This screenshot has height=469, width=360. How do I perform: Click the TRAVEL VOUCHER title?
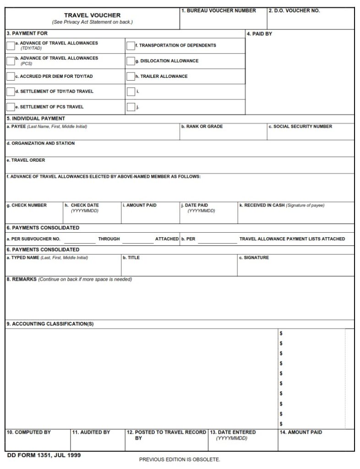[x=92, y=15]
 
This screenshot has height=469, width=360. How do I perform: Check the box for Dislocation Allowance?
[x=131, y=61]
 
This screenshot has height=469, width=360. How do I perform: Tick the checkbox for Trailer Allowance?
[x=131, y=76]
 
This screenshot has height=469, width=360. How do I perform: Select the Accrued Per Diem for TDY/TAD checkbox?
[x=10, y=76]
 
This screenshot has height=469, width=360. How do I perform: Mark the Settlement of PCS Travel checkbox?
[x=10, y=107]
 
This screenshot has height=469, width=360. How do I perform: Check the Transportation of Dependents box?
[x=131, y=45]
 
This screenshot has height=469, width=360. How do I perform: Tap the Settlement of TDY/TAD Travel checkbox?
[x=10, y=92]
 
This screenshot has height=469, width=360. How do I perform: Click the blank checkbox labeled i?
[x=131, y=92]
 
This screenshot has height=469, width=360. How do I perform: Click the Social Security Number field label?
[x=300, y=126]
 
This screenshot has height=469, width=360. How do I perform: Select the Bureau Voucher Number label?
[x=218, y=11]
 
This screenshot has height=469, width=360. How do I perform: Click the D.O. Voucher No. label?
[x=294, y=11]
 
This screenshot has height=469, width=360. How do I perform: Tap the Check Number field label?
[x=27, y=205]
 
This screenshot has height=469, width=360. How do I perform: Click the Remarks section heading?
[x=21, y=279]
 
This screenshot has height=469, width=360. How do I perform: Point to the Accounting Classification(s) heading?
[x=50, y=324]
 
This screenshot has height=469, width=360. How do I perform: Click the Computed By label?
[x=28, y=432]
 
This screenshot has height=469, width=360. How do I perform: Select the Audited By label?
[x=91, y=432]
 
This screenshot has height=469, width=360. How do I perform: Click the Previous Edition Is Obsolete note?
[x=180, y=459]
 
